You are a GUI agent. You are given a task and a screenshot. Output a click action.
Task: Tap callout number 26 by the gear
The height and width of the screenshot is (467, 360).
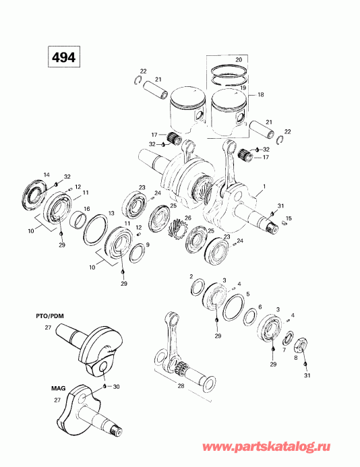pyautogui.click(x=187, y=217)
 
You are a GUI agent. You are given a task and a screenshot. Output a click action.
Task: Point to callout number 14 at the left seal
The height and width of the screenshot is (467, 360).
pyautogui.click(x=47, y=175)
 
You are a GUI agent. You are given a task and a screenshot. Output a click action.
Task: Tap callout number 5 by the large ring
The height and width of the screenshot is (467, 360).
pyautogui.click(x=248, y=294)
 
